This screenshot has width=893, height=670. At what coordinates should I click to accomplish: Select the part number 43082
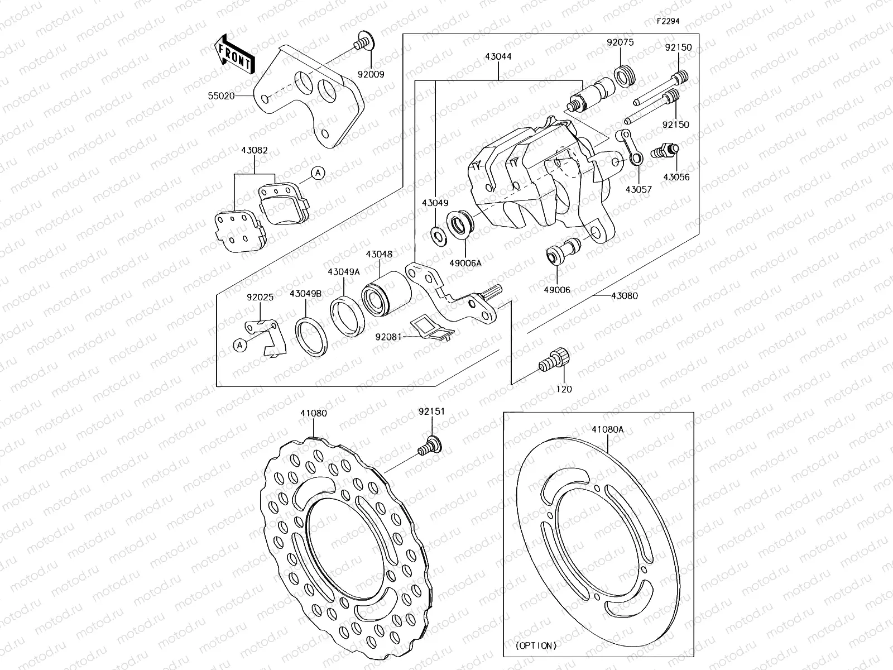tap(255, 150)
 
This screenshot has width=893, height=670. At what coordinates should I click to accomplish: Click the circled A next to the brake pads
tap(318, 173)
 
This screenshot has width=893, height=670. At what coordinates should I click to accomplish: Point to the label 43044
tap(498, 56)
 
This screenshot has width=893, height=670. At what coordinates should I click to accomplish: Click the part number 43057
tap(638, 189)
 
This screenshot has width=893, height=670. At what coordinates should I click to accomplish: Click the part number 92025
tap(260, 297)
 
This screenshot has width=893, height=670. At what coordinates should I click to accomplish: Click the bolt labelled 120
tap(555, 360)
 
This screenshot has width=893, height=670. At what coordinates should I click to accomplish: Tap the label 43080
tap(624, 296)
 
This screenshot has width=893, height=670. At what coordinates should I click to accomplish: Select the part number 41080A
tap(608, 429)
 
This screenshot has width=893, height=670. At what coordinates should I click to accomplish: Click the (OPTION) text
tap(536, 645)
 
